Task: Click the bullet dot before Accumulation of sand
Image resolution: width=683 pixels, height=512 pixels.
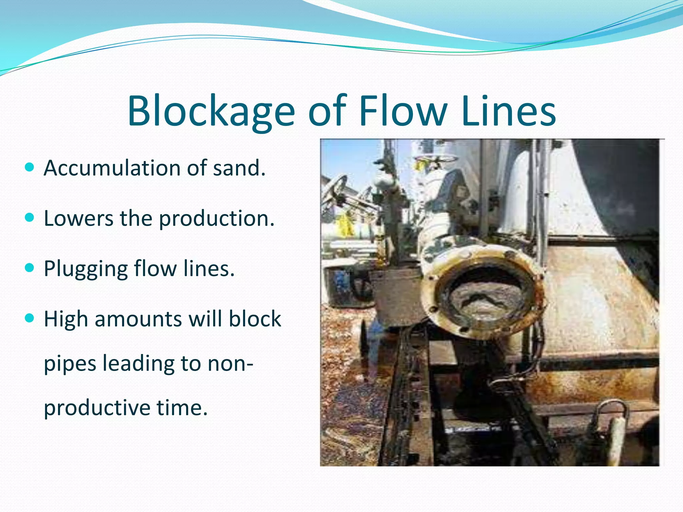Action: click(30, 167)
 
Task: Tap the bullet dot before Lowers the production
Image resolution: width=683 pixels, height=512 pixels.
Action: click(30, 218)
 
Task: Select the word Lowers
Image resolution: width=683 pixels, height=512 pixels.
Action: click(79, 219)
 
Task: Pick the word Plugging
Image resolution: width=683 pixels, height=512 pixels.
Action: click(85, 269)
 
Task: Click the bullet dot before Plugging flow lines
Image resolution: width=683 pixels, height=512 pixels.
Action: click(30, 268)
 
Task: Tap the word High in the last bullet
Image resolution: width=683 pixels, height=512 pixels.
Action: click(66, 319)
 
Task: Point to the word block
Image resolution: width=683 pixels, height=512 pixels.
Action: click(255, 319)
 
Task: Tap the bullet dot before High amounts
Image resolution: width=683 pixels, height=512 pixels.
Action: click(30, 318)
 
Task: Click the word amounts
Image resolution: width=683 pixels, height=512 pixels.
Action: click(138, 319)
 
